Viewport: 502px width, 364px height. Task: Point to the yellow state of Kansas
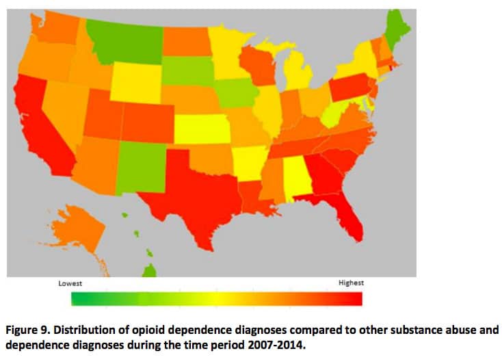(201, 128)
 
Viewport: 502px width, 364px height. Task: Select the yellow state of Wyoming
(136, 81)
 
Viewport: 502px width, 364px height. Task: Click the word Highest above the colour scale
(351, 283)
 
